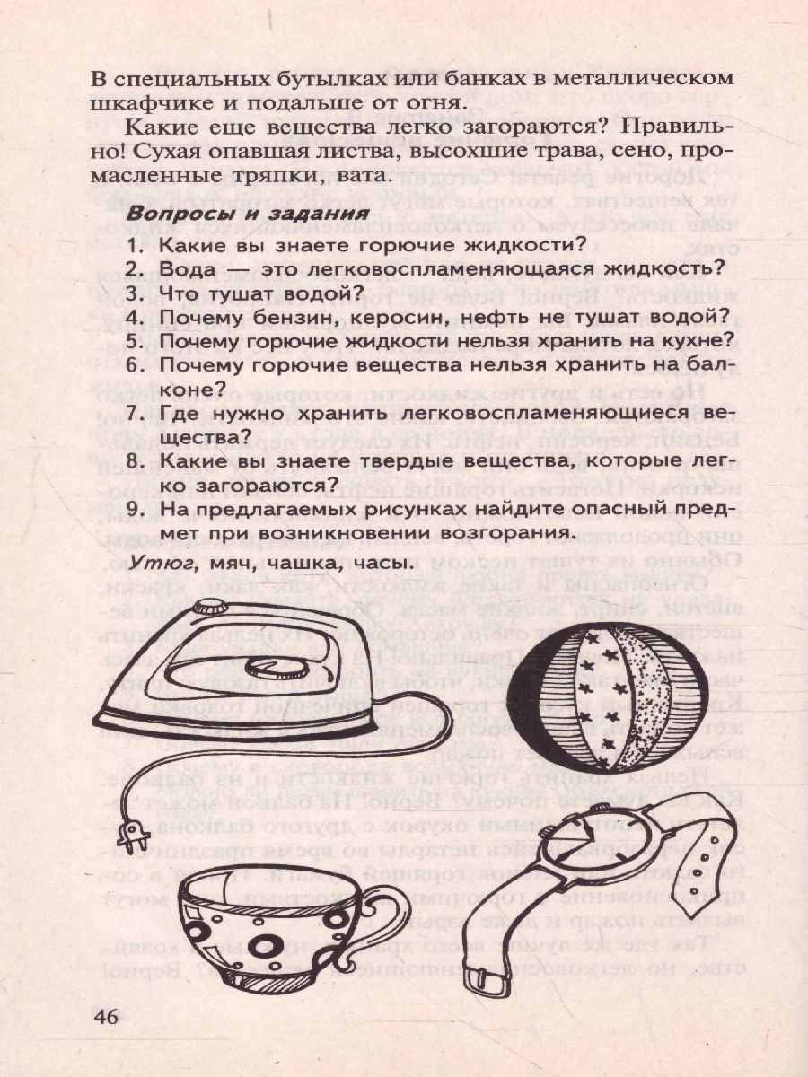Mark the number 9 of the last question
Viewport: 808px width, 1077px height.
click(x=131, y=510)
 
